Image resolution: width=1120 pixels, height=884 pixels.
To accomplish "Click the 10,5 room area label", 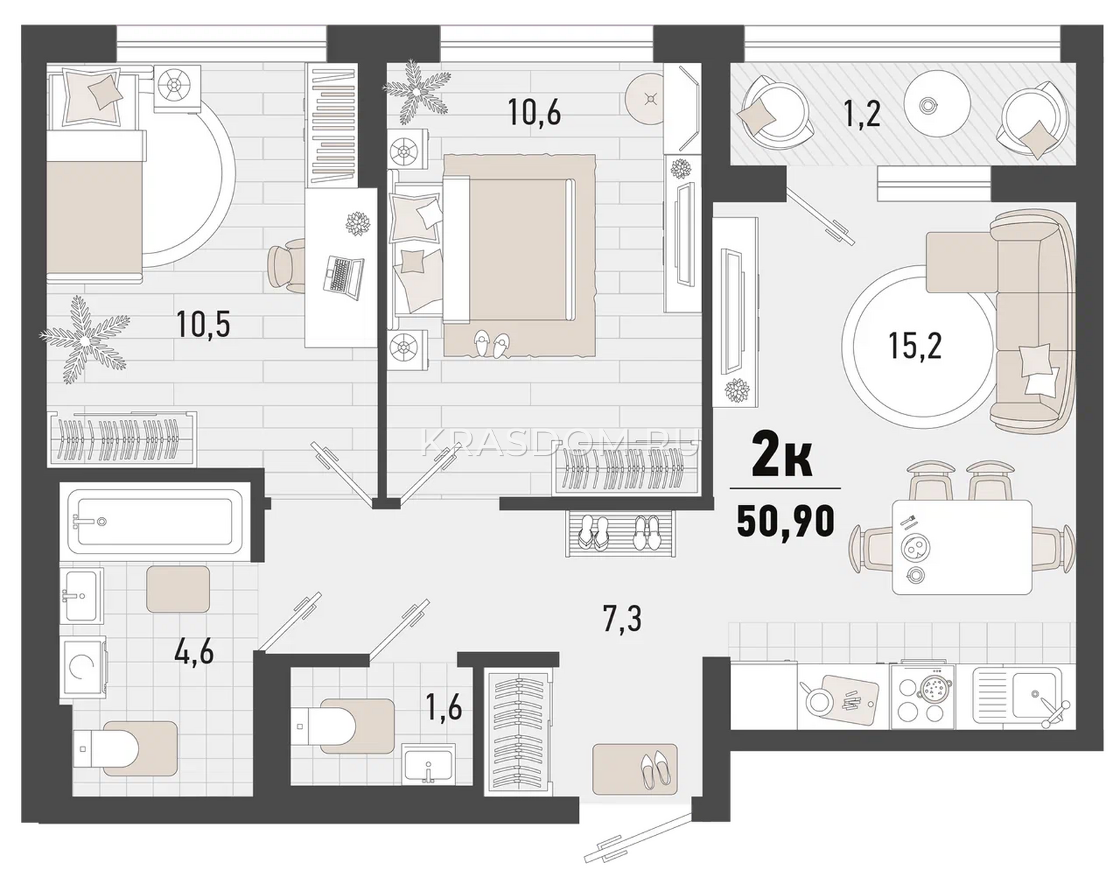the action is point(203,323).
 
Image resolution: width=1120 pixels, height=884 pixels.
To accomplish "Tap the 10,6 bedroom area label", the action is point(535,113).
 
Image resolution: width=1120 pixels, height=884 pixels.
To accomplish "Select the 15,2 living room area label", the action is point(916,346).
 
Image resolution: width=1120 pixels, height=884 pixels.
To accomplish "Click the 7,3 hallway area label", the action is point(622,619).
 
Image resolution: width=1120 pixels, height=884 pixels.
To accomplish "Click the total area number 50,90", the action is point(785,521).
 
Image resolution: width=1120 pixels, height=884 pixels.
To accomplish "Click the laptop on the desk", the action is point(343,276).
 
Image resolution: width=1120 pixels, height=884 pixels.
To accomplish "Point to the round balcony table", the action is point(937,104).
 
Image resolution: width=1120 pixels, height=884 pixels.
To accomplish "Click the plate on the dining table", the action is point(916,547).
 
